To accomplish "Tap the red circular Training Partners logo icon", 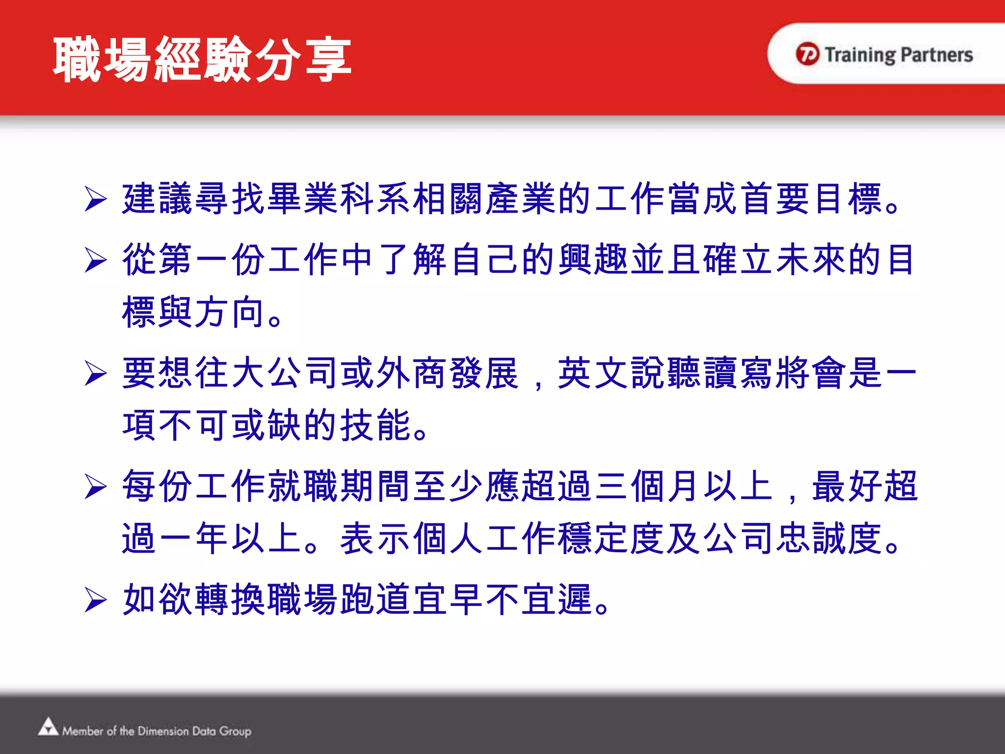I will pyautogui.click(x=807, y=54).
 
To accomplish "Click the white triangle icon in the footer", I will pyautogui.click(x=48, y=727).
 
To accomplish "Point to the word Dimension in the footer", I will pyautogui.click(x=163, y=731).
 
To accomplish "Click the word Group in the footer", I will pyautogui.click(x=235, y=731).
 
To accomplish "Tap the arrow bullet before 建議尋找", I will pyautogui.click(x=95, y=199).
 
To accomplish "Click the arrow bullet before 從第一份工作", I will pyautogui.click(x=95, y=260).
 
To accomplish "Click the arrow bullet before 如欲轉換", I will pyautogui.click(x=95, y=599).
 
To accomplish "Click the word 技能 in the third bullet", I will pyautogui.click(x=375, y=425).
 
